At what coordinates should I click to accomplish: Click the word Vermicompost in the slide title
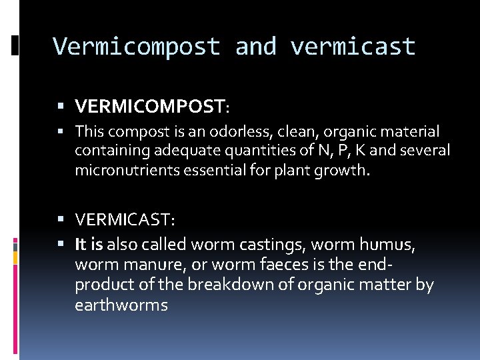click(x=136, y=47)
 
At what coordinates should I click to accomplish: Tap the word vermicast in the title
click(x=353, y=47)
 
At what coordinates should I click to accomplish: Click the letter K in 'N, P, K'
click(x=359, y=151)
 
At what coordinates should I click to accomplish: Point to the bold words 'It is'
click(x=89, y=244)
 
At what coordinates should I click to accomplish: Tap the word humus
click(x=389, y=244)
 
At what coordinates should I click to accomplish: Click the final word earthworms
click(x=121, y=305)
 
